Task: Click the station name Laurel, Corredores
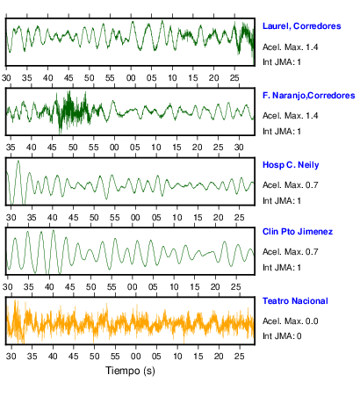(x=301, y=26)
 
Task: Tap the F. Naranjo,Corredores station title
(x=308, y=96)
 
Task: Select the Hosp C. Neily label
(x=291, y=165)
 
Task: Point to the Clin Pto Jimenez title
(x=298, y=232)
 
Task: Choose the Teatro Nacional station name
(x=295, y=301)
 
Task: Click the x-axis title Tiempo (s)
(x=130, y=371)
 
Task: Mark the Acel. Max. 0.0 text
(x=290, y=321)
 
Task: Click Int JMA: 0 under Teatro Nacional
(x=282, y=336)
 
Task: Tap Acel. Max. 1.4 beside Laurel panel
(x=290, y=47)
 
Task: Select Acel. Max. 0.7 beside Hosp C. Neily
(x=290, y=185)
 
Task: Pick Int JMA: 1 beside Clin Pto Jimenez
(x=282, y=267)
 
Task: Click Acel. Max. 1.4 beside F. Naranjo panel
(x=290, y=116)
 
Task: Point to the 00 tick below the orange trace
(x=136, y=357)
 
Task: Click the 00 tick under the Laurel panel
(x=131, y=78)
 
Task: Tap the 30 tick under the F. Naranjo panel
(x=239, y=148)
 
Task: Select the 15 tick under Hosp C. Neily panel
(x=198, y=218)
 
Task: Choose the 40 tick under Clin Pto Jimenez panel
(x=49, y=287)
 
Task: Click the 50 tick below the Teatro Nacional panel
(x=94, y=357)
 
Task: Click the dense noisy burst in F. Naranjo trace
(x=71, y=112)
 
